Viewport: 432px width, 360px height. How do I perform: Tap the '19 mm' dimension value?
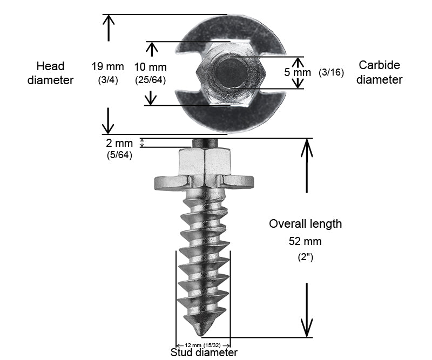108,67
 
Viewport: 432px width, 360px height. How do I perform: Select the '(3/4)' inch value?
108,80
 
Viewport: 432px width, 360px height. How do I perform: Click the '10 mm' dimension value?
150,67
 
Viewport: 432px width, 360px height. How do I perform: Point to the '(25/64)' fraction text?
150,80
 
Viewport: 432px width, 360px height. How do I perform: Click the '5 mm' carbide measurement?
298,72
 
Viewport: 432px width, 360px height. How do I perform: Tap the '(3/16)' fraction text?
331,72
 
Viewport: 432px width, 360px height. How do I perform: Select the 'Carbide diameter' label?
379,72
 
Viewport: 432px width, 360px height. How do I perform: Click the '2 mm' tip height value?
119,143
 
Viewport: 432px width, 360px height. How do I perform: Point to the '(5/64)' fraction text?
119,155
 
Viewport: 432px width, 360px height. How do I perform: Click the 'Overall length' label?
305,223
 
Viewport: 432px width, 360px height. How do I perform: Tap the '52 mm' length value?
305,241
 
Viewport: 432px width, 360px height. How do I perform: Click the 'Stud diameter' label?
204,353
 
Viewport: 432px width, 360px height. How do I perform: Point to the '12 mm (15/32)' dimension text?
204,345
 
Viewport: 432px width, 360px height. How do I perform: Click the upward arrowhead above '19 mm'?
109,19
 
